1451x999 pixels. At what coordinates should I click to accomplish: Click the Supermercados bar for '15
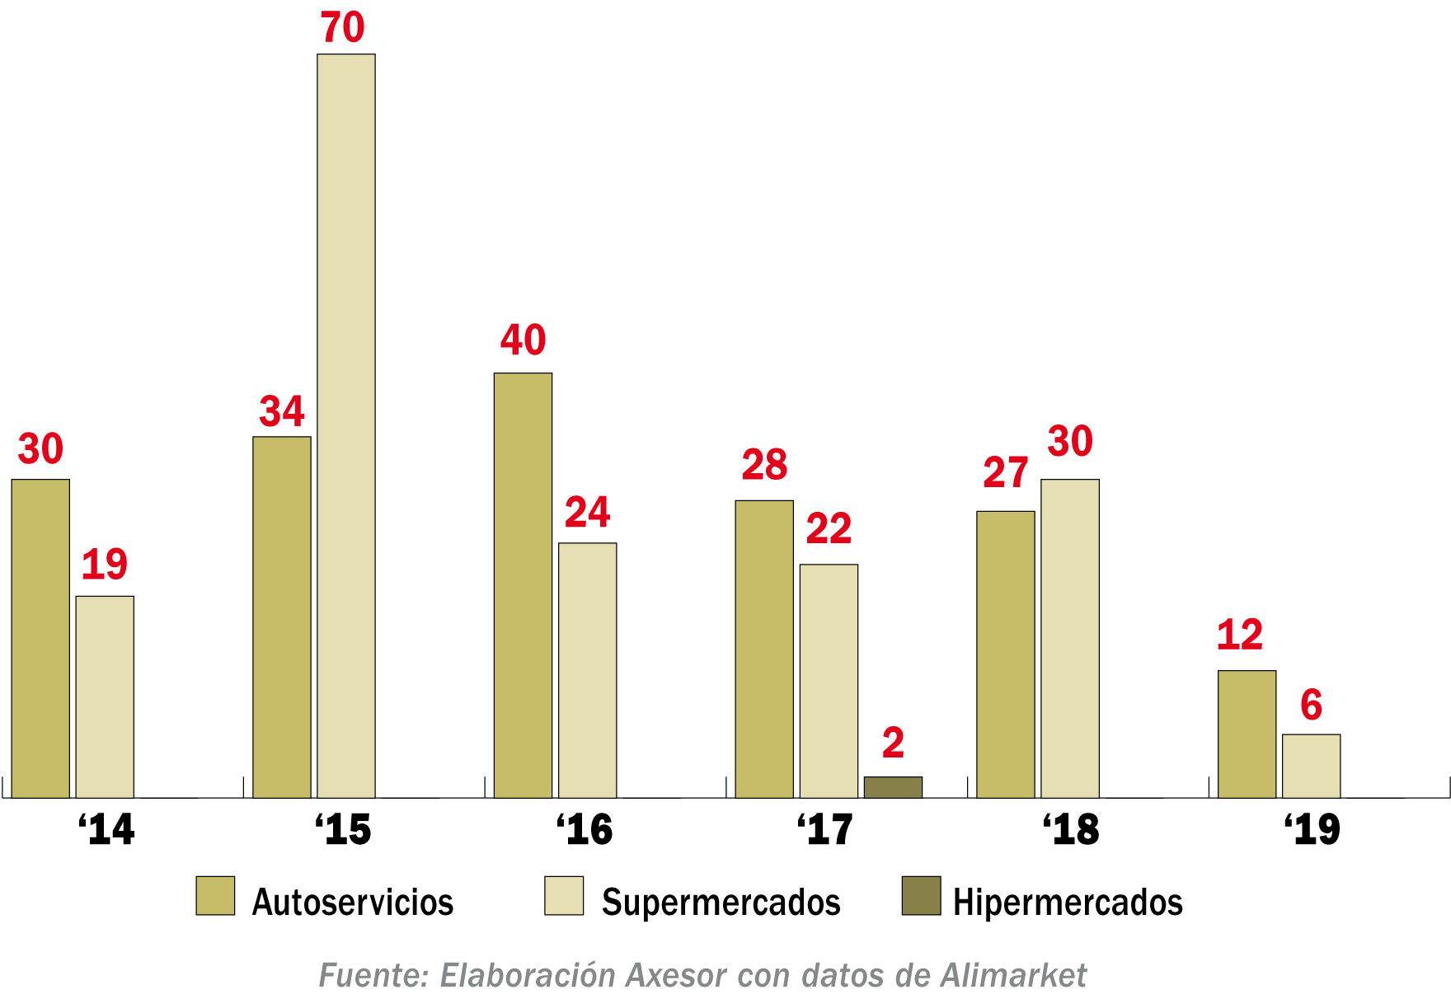(346, 425)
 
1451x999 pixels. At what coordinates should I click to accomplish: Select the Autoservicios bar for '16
(523, 585)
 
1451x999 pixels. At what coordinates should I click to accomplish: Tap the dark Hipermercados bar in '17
(893, 787)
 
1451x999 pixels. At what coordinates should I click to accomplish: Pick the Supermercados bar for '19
(1311, 766)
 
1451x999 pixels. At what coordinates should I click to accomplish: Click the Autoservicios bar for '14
(40, 638)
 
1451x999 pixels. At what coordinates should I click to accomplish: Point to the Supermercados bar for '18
(1069, 638)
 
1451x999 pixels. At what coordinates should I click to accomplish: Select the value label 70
(343, 28)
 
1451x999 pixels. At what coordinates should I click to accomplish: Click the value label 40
(523, 340)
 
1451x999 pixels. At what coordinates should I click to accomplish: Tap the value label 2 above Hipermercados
(893, 743)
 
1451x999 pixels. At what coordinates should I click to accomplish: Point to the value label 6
(1311, 706)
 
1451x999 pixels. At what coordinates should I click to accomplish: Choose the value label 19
(105, 565)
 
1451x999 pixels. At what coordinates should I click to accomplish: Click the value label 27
(1005, 473)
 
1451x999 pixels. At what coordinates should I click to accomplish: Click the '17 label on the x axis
(825, 829)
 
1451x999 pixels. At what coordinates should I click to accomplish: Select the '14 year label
(106, 829)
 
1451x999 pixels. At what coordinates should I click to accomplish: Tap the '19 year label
(1312, 829)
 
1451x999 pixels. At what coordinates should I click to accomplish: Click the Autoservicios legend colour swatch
(215, 896)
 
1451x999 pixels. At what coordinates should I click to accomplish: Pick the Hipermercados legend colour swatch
(921, 896)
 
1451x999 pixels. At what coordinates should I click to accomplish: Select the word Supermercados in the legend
(721, 903)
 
